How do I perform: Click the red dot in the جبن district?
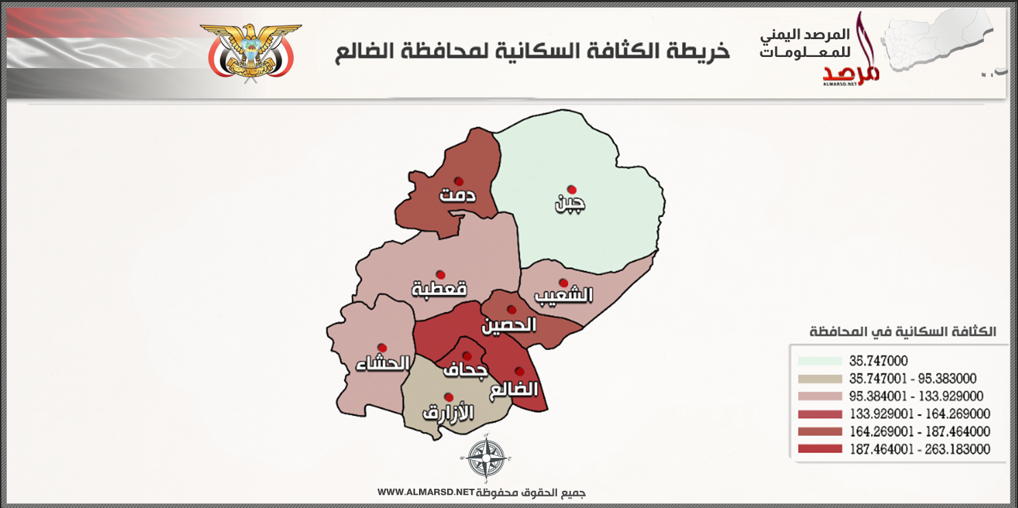571,189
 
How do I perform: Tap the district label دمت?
457,196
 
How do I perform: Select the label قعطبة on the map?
439,289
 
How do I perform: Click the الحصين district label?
509,325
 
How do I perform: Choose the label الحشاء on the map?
382,363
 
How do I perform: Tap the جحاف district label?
465,370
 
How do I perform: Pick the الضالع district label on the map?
514,389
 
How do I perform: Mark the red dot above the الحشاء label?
382,348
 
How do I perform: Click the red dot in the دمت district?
458,181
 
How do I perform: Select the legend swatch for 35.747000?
819,361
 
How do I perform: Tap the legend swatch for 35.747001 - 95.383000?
819,379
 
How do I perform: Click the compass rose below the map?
486,459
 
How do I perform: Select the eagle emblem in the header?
251,52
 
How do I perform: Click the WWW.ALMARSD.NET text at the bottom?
426,492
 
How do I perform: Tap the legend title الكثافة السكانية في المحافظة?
903,332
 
